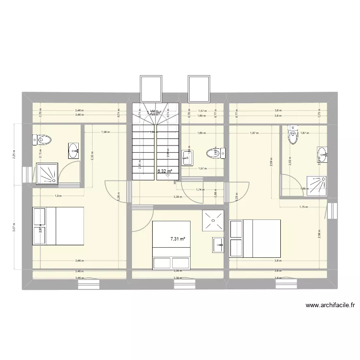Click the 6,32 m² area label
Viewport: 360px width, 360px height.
click(x=165, y=170)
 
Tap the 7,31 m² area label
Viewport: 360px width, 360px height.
click(x=178, y=238)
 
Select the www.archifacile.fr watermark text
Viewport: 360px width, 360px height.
click(x=329, y=304)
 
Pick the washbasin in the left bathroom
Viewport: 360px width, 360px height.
click(x=74, y=150)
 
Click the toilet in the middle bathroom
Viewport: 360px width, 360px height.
click(x=212, y=154)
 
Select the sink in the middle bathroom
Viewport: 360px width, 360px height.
click(x=188, y=156)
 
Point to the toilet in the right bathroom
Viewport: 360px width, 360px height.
click(x=292, y=135)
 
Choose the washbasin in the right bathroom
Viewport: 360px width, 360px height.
click(x=323, y=154)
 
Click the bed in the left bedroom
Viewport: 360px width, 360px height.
click(x=58, y=226)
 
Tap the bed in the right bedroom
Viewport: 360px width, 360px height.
click(x=255, y=238)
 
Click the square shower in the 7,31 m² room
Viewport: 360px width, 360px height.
click(x=213, y=221)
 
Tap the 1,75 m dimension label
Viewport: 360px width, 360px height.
click(x=302, y=207)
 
